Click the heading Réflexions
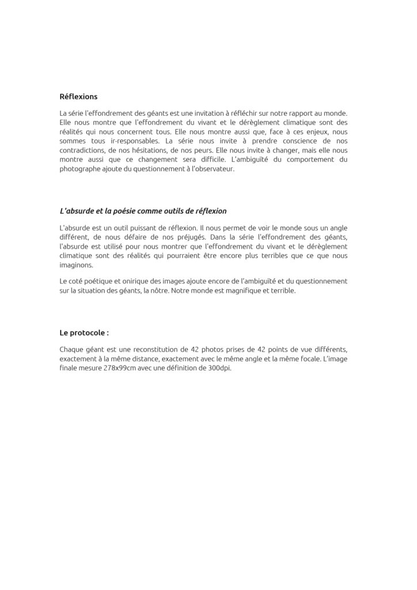pos(78,97)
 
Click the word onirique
pos(126,281)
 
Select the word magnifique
pos(245,290)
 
